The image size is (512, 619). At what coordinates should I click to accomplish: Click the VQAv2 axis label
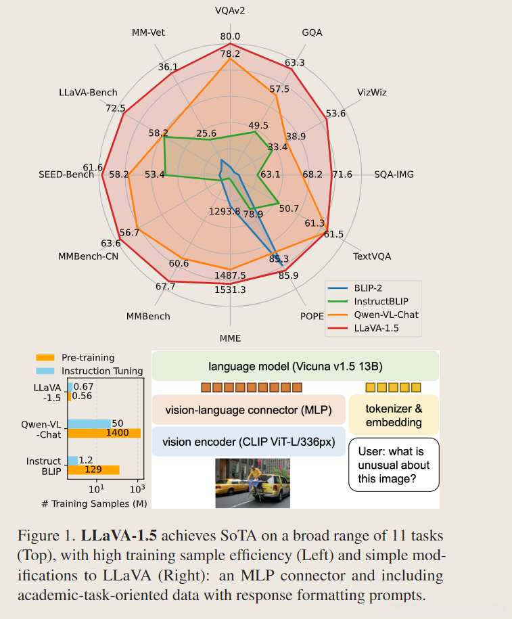[x=230, y=11]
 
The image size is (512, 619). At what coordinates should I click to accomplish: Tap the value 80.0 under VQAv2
[x=230, y=37]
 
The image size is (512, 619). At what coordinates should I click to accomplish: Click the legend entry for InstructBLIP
[x=381, y=300]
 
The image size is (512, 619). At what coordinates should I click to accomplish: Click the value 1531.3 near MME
[x=230, y=290]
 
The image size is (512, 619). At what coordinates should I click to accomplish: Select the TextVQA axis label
[x=372, y=256]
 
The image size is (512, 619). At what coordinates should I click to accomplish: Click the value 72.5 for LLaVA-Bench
[x=116, y=108]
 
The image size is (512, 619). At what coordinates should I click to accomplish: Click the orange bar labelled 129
[x=93, y=469]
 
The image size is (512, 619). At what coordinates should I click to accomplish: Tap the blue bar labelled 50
[x=89, y=423]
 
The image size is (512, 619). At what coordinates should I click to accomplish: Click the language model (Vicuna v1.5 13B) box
[x=296, y=367]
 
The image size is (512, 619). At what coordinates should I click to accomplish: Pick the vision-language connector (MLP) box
[x=248, y=410]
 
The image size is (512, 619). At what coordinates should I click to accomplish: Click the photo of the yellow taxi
[x=252, y=483]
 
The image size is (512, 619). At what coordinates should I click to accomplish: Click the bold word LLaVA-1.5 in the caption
[x=118, y=535]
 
